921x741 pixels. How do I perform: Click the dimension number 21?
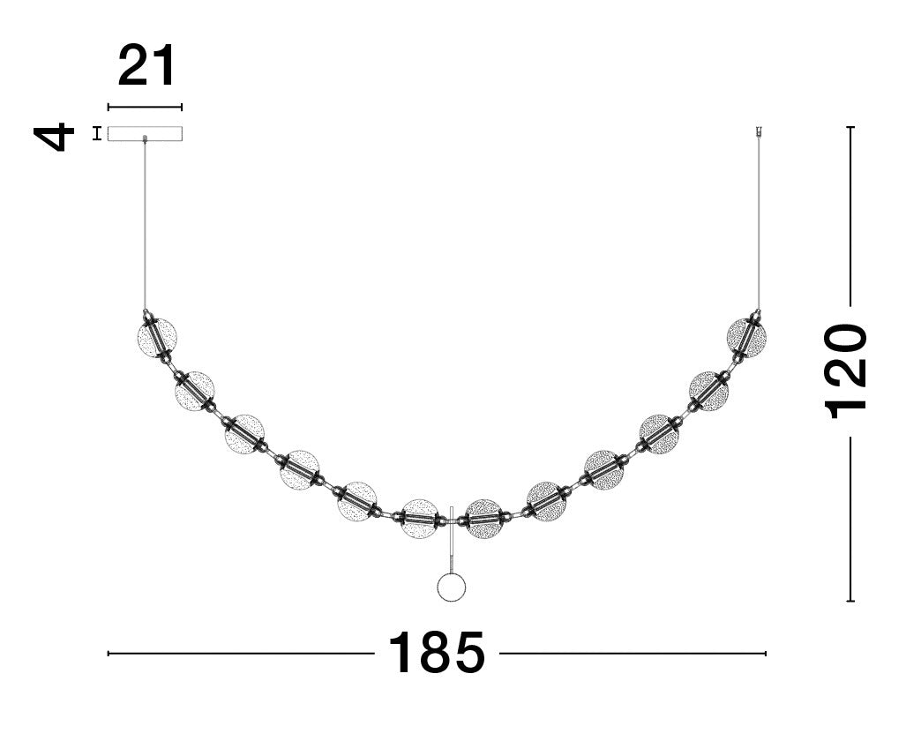tap(146, 66)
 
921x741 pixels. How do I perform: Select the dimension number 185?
tap(437, 654)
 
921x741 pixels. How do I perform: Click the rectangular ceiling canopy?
tap(146, 133)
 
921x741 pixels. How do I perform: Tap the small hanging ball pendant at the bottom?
tap(452, 588)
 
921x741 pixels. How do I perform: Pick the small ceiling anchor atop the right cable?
tap(758, 133)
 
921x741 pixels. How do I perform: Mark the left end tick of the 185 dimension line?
tap(109, 654)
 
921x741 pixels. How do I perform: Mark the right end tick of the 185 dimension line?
tap(766, 654)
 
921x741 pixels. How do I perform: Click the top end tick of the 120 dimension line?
tap(850, 128)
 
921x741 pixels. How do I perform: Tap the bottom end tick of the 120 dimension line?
tap(850, 601)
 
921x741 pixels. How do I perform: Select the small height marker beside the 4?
tap(96, 134)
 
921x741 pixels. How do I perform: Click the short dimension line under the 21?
tap(146, 108)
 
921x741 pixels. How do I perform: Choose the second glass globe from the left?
tap(195, 391)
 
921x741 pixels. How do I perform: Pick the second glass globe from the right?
tap(708, 390)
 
